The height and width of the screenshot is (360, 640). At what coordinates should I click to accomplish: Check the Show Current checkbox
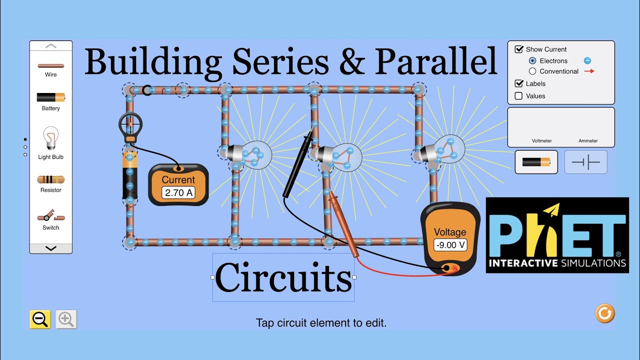pyautogui.click(x=519, y=49)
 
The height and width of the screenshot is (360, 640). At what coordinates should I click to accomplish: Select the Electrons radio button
pyautogui.click(x=532, y=60)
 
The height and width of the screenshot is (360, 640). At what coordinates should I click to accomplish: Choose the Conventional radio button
pyautogui.click(x=532, y=71)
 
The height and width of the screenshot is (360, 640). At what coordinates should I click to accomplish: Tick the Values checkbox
pyautogui.click(x=519, y=96)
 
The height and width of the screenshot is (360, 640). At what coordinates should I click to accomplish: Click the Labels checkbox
pyautogui.click(x=519, y=83)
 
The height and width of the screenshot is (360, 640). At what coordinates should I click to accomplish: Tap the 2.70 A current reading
pyautogui.click(x=178, y=192)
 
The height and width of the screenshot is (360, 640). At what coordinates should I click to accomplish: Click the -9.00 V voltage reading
pyautogui.click(x=450, y=245)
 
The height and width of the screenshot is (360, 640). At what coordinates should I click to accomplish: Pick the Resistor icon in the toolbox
pyautogui.click(x=50, y=179)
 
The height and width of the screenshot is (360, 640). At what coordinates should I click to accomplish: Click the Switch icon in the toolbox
pyautogui.click(x=50, y=216)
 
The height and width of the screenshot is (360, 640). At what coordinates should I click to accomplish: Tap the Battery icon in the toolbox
pyautogui.click(x=50, y=97)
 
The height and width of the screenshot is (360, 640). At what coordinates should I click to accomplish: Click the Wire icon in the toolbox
pyautogui.click(x=50, y=65)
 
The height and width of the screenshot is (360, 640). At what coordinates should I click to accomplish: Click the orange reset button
pyautogui.click(x=604, y=313)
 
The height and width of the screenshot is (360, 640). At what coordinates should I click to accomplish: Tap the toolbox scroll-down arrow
pyautogui.click(x=50, y=248)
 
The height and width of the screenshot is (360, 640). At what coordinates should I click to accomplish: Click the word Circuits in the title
pyautogui.click(x=283, y=278)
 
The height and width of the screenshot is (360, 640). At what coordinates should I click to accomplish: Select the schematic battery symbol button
pyautogui.click(x=585, y=162)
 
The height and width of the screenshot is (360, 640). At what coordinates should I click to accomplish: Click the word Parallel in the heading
pyautogui.click(x=436, y=61)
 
